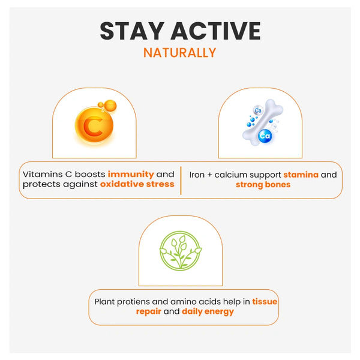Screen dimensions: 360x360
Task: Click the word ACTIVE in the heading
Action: pyautogui.click(x=215, y=31)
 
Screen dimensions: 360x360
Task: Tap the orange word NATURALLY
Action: pyautogui.click(x=180, y=53)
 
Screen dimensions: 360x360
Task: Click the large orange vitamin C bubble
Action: pyautogui.click(x=94, y=125)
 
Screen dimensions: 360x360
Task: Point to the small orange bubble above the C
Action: pyautogui.click(x=110, y=106)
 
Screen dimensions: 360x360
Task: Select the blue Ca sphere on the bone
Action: pyautogui.click(x=265, y=136)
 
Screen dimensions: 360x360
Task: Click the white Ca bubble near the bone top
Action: pyautogui.click(x=258, y=110)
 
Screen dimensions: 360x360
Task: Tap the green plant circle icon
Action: pyautogui.click(x=181, y=251)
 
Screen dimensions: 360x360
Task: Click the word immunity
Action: pyautogui.click(x=131, y=175)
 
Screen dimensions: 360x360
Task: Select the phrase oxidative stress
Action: pyautogui.click(x=137, y=184)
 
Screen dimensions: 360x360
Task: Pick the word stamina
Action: pyautogui.click(x=301, y=175)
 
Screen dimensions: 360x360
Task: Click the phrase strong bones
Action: pyautogui.click(x=263, y=185)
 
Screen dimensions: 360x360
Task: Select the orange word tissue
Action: pyautogui.click(x=265, y=302)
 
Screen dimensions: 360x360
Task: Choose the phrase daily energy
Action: pyautogui.click(x=208, y=312)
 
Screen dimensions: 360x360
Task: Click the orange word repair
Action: pyautogui.click(x=149, y=312)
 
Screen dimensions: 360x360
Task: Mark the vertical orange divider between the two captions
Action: pyautogui.click(x=181, y=181)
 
